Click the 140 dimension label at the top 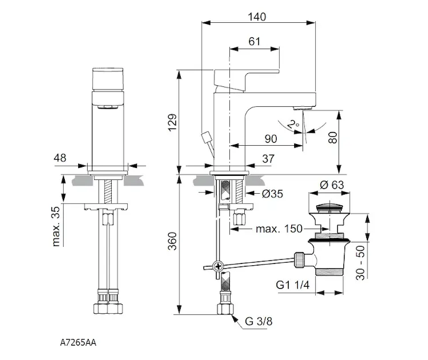coord(256,17)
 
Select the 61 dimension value coord(254,41)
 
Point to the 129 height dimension coord(172,122)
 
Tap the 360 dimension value coord(172,241)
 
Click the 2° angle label coord(294,124)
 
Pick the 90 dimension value coord(271,139)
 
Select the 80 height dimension coord(333,137)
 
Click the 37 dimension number coord(268,159)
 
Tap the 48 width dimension coord(60,158)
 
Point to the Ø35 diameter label coord(272,194)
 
